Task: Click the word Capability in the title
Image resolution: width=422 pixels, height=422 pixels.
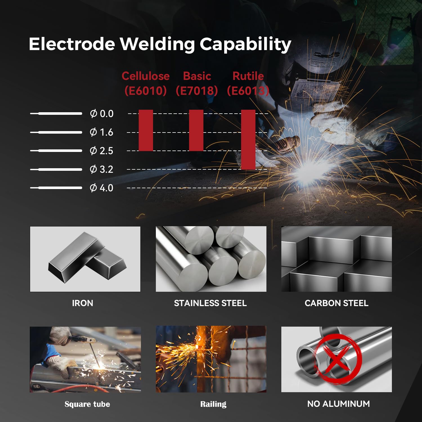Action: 245,44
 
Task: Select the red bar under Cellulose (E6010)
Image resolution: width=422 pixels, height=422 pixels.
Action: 146,130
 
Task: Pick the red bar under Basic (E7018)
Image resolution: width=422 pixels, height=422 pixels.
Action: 196,130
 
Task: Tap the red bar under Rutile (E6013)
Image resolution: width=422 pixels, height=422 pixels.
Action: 248,140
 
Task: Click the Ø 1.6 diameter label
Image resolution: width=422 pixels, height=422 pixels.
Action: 101,132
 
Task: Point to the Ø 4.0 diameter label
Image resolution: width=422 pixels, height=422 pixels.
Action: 101,188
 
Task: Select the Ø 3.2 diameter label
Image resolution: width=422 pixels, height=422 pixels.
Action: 101,169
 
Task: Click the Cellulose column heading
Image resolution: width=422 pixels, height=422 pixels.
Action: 146,76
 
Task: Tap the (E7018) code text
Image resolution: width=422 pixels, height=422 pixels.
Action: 197,91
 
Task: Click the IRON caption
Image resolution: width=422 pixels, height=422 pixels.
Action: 82,303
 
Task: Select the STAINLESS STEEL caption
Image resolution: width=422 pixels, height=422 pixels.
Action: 210,303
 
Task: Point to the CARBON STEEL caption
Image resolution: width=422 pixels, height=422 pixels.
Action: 336,303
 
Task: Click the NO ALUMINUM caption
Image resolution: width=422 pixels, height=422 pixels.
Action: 338,404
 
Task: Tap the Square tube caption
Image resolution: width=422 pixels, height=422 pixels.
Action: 87,404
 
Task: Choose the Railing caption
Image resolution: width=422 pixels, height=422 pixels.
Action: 213,404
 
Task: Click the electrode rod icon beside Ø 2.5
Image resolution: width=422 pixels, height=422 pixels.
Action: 56,151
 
